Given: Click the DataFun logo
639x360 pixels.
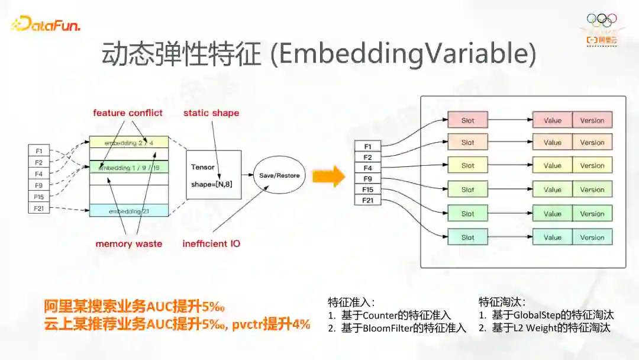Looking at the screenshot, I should point(46,25).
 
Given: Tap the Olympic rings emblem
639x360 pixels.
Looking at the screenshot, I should point(602,19).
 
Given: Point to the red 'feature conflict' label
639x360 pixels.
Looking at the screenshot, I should point(127,112).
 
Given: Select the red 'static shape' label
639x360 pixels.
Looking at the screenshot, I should point(211,112).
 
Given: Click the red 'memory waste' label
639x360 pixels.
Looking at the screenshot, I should point(129,243).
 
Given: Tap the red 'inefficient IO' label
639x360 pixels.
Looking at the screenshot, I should point(211,243).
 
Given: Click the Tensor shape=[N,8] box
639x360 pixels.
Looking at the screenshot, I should point(214,175).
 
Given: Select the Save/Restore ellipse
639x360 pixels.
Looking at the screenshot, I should point(279,175).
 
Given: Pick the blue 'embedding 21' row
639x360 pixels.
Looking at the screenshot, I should point(129,211).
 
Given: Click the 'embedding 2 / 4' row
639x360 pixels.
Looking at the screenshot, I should point(129,143).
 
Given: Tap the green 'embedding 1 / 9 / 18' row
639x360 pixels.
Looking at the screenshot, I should point(129,168).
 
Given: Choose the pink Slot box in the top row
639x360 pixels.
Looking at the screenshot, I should point(467,120).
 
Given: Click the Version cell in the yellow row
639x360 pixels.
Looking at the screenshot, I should point(592,166).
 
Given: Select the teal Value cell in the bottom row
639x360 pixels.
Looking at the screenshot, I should point(552,237).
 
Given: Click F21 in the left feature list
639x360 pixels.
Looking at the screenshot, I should point(38,208).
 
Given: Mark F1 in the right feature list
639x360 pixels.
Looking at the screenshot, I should point(367,146).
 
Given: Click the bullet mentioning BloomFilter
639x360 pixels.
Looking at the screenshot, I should point(398,328).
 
